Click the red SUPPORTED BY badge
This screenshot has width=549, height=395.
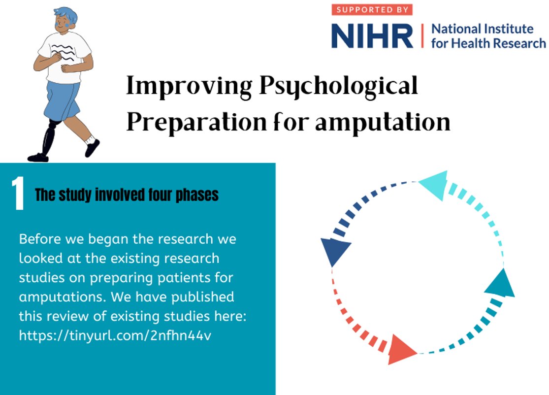[372, 10]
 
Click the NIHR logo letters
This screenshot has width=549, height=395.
[372, 35]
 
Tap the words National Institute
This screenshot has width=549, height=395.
[482, 29]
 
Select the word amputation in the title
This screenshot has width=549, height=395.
[383, 121]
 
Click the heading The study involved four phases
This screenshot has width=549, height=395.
[127, 196]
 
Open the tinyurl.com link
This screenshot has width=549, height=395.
[116, 336]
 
